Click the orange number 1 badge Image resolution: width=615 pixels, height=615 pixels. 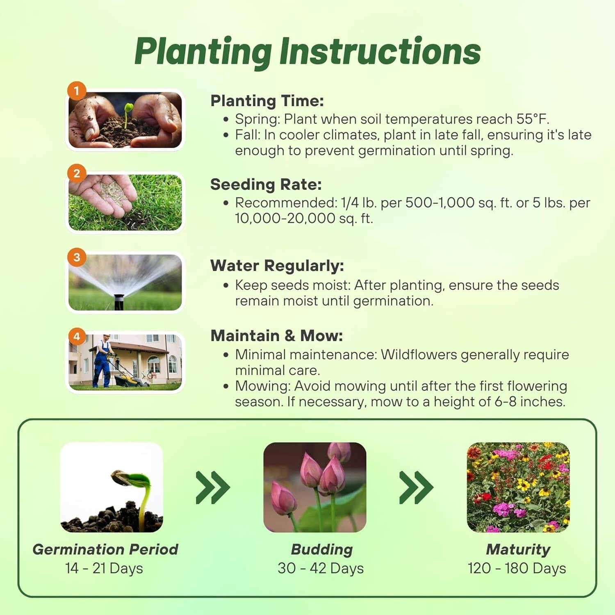coord(77,91)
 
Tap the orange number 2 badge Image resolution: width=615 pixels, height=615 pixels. coord(77,173)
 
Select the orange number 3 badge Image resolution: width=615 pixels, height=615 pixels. coord(77,257)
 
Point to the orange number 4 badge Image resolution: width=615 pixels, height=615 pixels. coord(77,337)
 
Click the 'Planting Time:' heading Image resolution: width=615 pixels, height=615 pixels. coord(267,101)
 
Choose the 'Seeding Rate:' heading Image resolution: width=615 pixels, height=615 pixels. coord(266,184)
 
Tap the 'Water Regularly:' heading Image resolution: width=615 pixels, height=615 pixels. coord(277,266)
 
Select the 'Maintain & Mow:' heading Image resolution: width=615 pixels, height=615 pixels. coord(276,336)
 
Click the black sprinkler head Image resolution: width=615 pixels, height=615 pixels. coord(118,301)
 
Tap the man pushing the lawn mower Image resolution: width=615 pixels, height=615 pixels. coord(102,361)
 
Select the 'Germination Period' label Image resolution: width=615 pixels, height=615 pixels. coord(105,549)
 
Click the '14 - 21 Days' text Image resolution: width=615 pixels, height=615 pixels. coord(104,569)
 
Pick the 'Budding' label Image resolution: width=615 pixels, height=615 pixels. coord(322,549)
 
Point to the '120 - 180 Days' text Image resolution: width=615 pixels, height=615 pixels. coord(517,569)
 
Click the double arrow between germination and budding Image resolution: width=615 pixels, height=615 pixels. coord(212,487)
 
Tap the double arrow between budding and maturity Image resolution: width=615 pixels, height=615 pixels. coord(416,487)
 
